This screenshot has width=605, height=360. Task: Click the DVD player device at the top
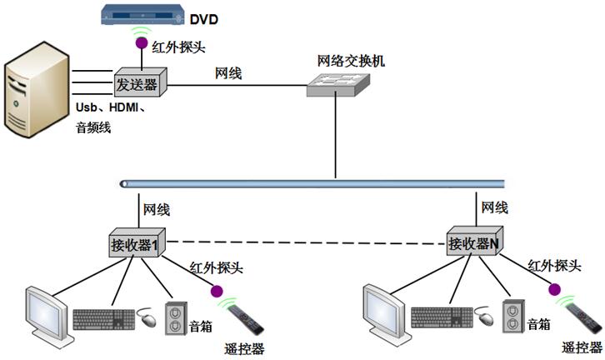(x=139, y=16)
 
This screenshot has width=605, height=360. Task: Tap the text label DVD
(x=203, y=18)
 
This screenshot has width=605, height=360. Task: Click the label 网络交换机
(x=345, y=61)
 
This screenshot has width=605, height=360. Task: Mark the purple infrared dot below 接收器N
(x=554, y=289)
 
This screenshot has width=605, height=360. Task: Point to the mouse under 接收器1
(x=147, y=319)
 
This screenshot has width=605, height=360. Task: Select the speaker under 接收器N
(x=514, y=317)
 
